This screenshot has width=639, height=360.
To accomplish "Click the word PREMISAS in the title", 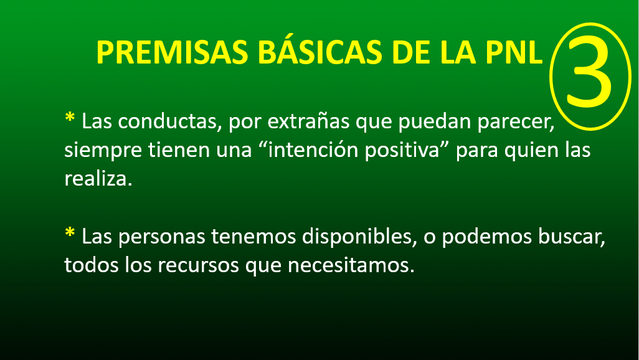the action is tap(172, 52).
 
